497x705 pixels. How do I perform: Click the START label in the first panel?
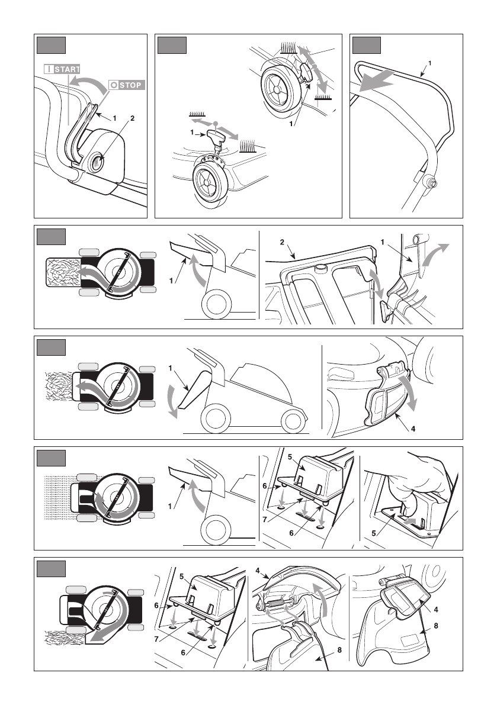[x=62, y=69]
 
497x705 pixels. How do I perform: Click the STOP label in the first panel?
[x=125, y=85]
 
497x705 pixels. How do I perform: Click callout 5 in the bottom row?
[x=181, y=576]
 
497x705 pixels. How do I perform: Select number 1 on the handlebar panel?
[x=429, y=62]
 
